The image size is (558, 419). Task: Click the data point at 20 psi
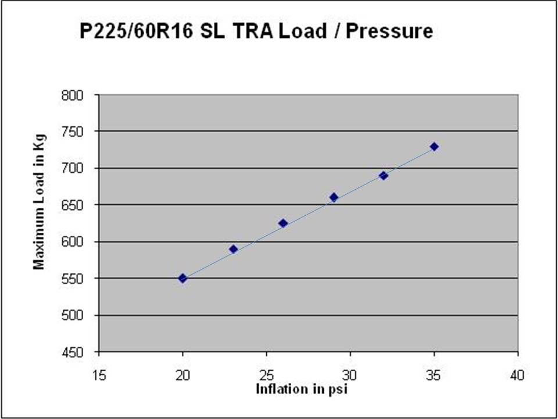183,278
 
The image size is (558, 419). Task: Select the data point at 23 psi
233,249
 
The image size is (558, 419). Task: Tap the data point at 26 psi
283,223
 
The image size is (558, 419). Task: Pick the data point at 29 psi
334,197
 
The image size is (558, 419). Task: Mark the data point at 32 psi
384,175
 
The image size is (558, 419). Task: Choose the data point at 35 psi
434,147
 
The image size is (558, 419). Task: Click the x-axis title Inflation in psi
302,389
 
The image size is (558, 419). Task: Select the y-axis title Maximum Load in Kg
39,201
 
